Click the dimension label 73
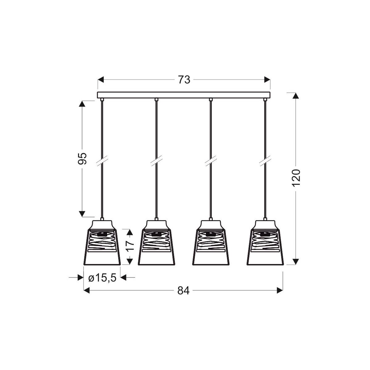pyautogui.click(x=184, y=80)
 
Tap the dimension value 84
pyautogui.click(x=183, y=290)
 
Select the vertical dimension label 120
pyautogui.click(x=296, y=178)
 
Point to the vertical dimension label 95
pyautogui.click(x=82, y=158)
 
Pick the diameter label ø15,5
pyautogui.click(x=102, y=278)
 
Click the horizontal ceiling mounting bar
pyautogui.click(x=184, y=95)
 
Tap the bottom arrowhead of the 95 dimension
pyautogui.click(x=82, y=214)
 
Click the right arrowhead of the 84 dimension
pyautogui.click(x=280, y=290)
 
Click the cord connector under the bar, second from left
pyautogui.click(x=156, y=100)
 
